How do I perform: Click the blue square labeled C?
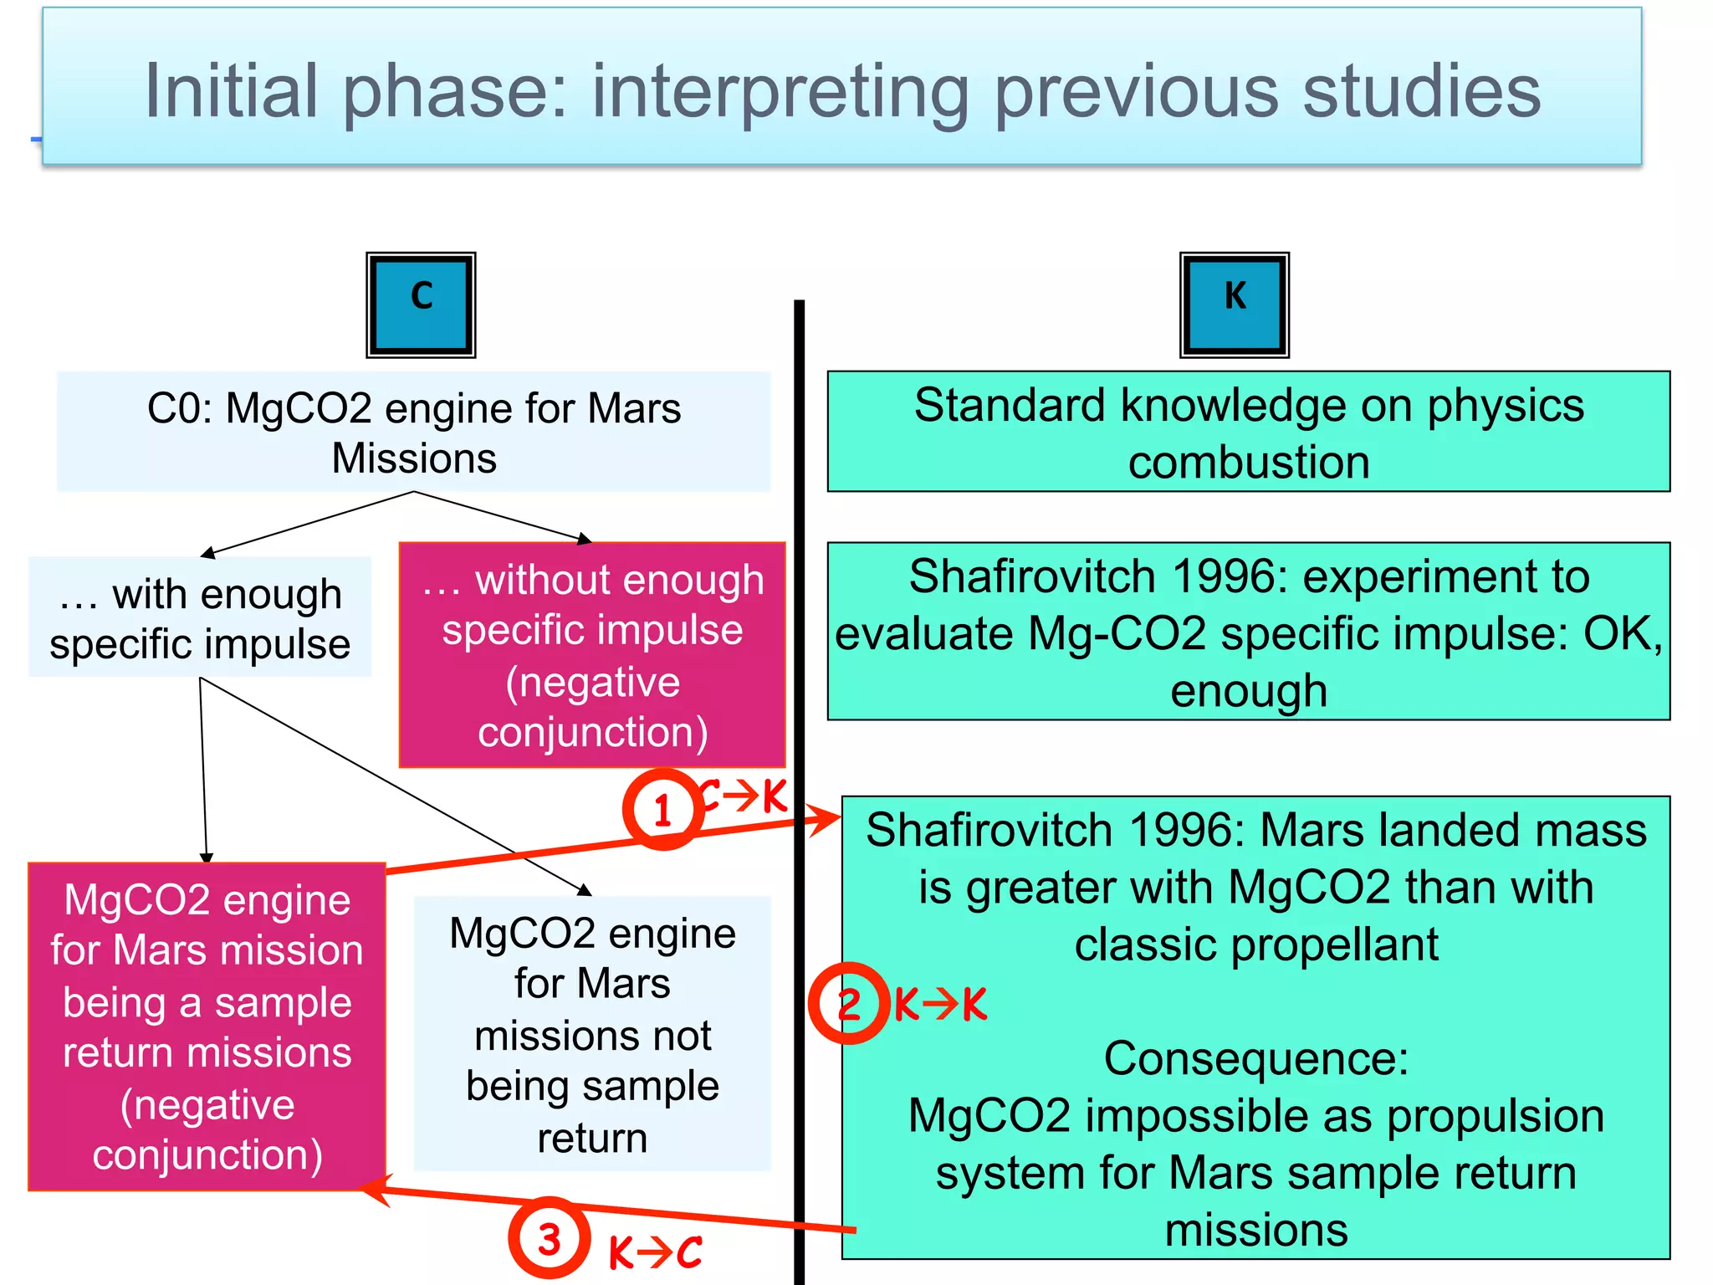point(421,305)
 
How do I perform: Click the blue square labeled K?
point(1234,305)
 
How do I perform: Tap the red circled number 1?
point(662,810)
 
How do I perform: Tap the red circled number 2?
point(848,1003)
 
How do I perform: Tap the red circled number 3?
point(549,1238)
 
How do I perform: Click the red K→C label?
point(655,1252)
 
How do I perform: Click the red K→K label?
point(941,1004)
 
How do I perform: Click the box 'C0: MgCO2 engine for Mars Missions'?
point(413,432)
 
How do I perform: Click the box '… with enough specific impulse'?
point(200,617)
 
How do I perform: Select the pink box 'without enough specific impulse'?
point(592,654)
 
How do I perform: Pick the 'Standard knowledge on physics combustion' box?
point(1248,432)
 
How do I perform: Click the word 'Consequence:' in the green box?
point(1255,1058)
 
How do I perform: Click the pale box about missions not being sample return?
point(592,1034)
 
